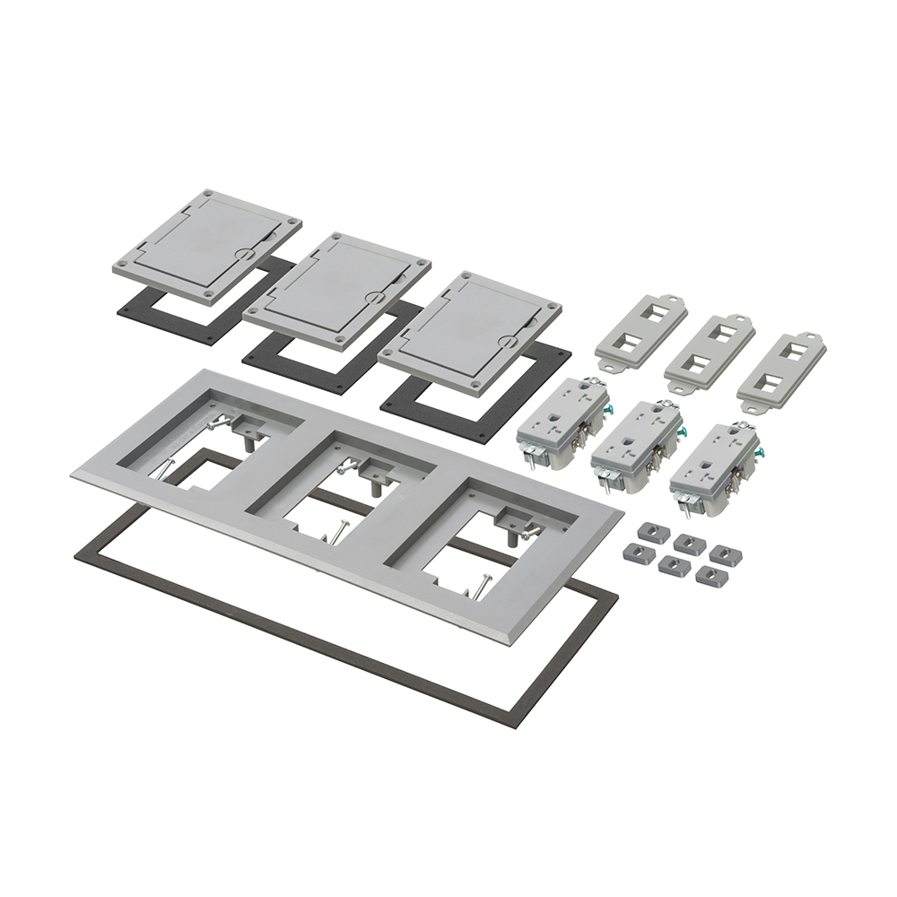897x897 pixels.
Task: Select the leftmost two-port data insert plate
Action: coord(640,331)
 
